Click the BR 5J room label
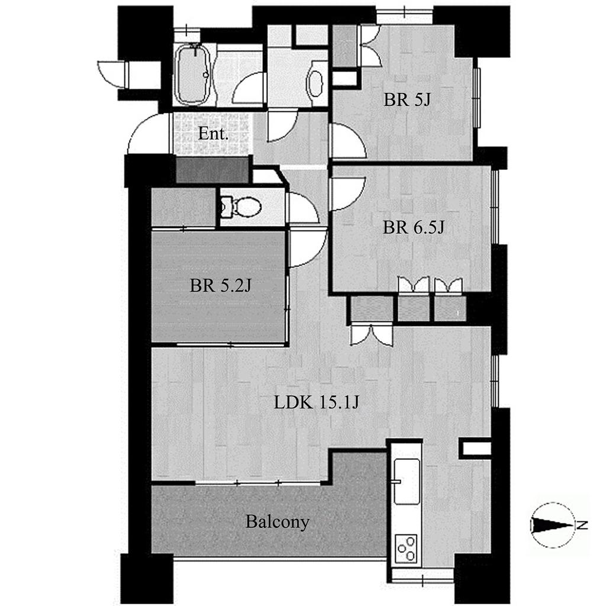pos(407,99)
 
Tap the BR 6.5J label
pos(414,227)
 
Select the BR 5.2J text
pos(220,286)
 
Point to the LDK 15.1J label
pos(317,402)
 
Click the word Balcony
pos(278,522)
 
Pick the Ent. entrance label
pos(213,134)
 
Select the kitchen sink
pos(406,482)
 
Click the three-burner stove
pos(406,549)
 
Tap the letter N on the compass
pos(582,525)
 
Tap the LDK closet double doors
pos(371,335)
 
